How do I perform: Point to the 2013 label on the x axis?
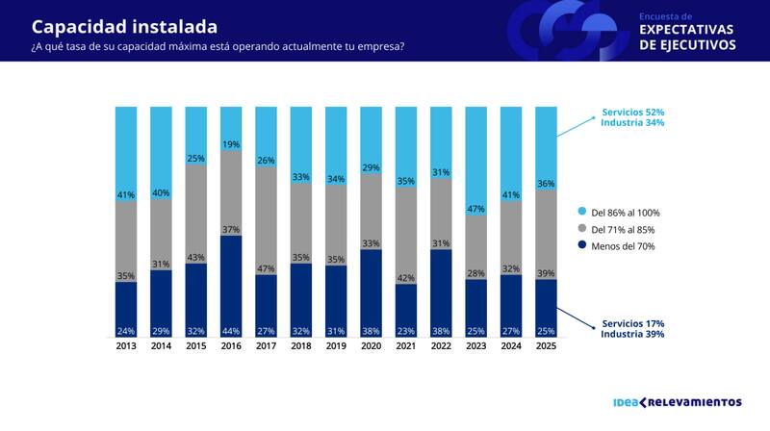126,346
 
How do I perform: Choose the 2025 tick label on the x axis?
546,346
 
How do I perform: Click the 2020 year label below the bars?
372,346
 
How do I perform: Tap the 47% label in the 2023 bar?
476,209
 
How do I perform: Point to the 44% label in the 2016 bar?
231,330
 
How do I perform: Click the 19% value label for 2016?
231,144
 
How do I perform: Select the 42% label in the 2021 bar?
406,278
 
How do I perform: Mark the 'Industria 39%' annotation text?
633,334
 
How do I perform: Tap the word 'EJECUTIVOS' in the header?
687,45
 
